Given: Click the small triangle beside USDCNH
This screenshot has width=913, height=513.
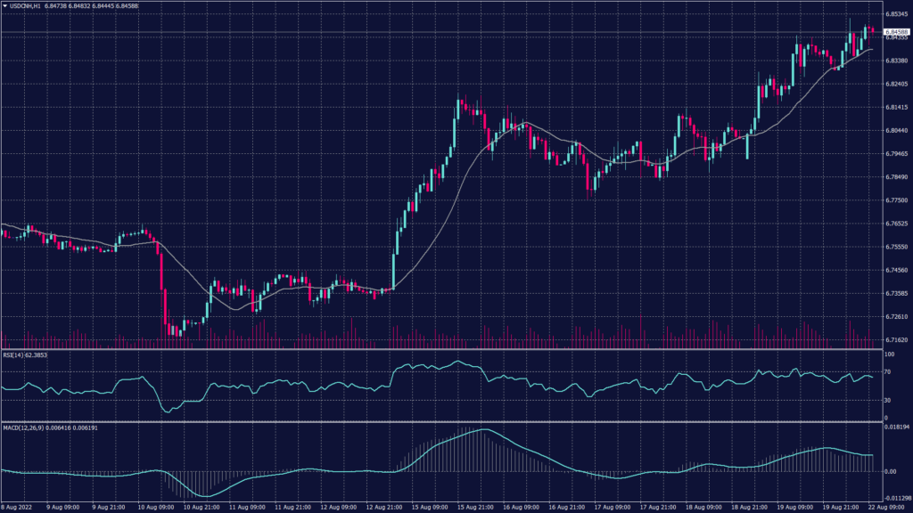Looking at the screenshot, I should pyautogui.click(x=4, y=5).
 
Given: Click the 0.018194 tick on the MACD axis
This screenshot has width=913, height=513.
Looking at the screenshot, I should pyautogui.click(x=893, y=428).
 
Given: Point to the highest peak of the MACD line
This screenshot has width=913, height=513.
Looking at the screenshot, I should pyautogui.click(x=483, y=430).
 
